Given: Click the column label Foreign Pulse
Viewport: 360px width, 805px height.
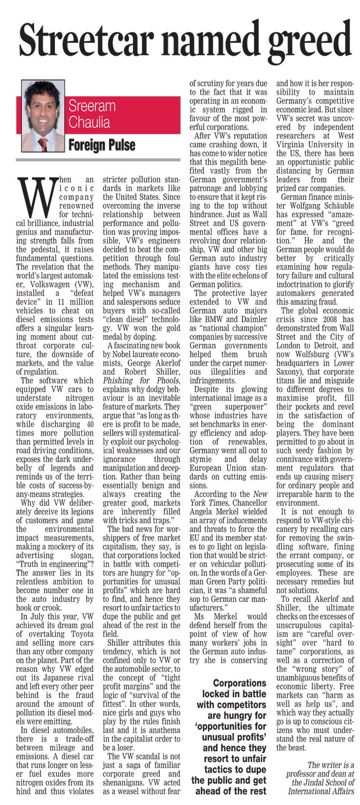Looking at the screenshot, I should (x=102, y=144).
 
